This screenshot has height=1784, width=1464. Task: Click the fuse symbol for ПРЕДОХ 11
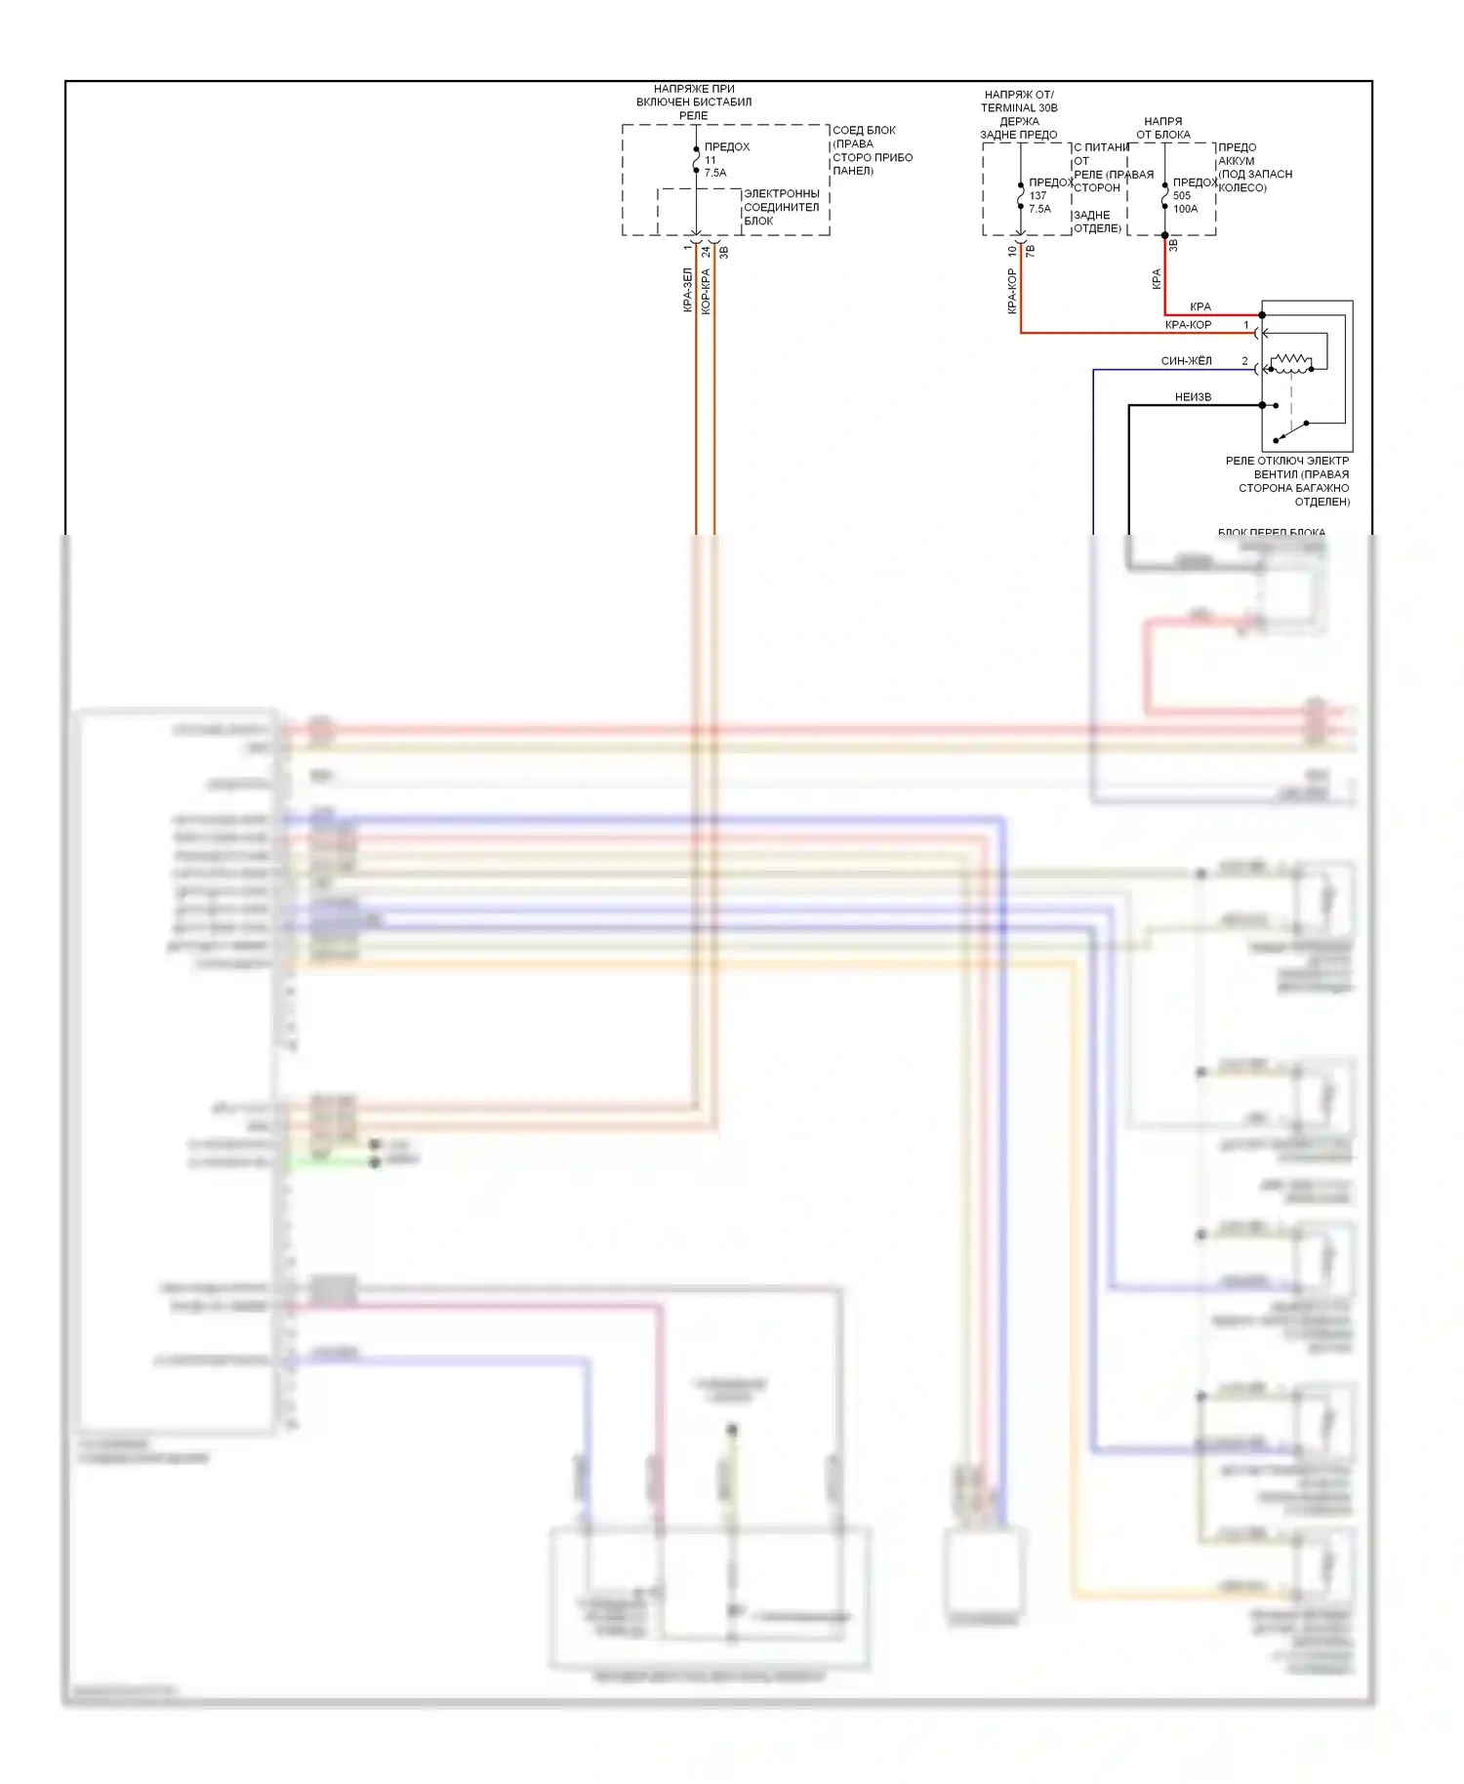[696, 160]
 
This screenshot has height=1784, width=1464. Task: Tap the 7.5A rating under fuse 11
[715, 173]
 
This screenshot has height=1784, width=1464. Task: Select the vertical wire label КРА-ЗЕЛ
[687, 290]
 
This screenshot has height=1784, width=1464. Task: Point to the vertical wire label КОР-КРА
[706, 291]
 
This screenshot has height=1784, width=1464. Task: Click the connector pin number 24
[706, 252]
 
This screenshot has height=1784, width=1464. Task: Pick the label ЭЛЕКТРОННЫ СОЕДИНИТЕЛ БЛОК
[781, 207]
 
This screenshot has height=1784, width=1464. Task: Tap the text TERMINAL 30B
[1019, 107]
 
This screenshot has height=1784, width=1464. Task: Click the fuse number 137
[1037, 195]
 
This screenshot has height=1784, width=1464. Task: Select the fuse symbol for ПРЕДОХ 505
[1164, 195]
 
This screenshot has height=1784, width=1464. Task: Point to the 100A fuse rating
[1185, 209]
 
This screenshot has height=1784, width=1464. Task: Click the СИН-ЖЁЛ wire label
[1186, 361]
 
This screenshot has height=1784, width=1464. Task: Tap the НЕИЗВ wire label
[1193, 397]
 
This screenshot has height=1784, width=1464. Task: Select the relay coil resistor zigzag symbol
[1290, 362]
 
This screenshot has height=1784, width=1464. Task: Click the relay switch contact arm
[1290, 431]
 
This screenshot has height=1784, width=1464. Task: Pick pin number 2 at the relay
[1244, 361]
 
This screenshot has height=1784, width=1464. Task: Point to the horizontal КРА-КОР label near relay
[1188, 325]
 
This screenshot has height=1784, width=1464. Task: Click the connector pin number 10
[1012, 251]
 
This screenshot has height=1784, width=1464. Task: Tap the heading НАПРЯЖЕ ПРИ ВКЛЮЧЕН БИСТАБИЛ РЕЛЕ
[694, 101]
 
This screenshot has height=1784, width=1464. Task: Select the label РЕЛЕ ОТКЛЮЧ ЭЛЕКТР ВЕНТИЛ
[1288, 467]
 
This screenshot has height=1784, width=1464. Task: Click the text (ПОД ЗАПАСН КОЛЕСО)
[1255, 181]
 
